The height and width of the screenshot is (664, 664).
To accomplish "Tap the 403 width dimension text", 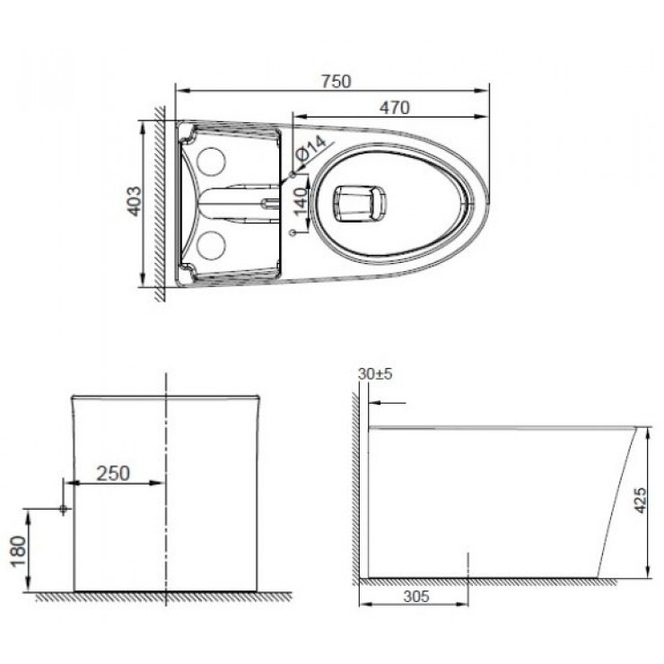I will pos(133,203).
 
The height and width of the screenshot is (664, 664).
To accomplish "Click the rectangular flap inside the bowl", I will pos(358,202).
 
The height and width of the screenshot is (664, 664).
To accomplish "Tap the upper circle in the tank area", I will pos(211,161).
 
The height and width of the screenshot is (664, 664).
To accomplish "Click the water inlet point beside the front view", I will pos(62,509).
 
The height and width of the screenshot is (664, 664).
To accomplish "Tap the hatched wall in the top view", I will pos(159,202).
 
